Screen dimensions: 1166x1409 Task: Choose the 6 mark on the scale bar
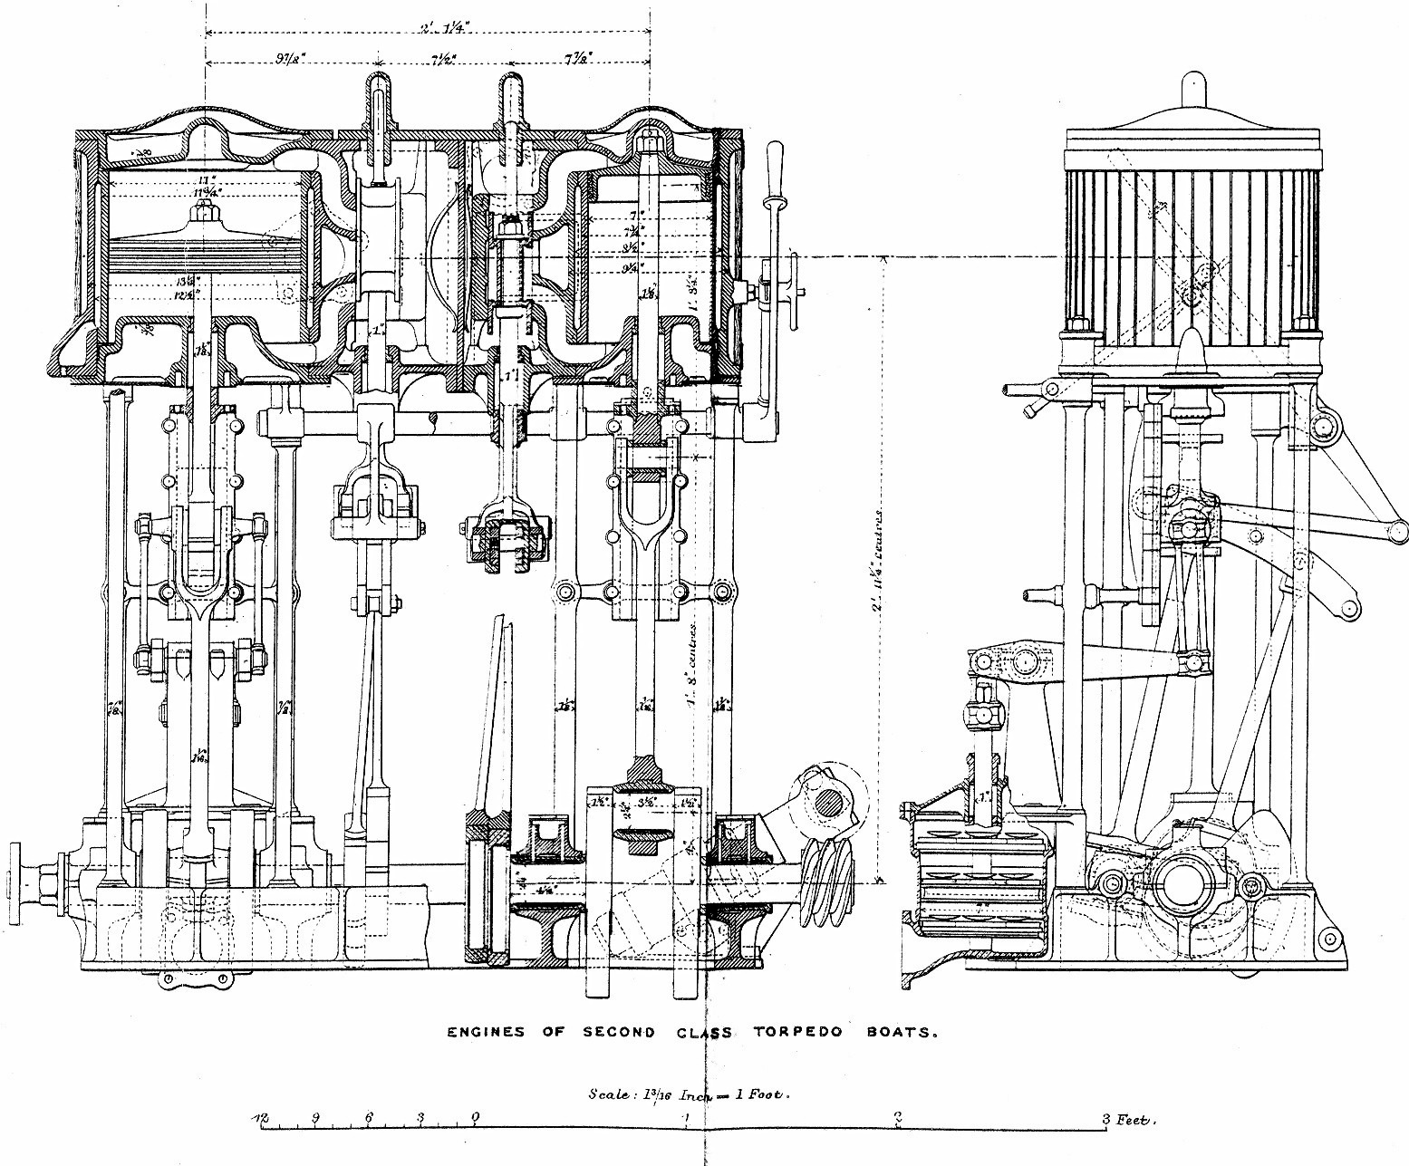click(x=368, y=1118)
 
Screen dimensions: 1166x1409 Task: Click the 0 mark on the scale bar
click(x=475, y=1118)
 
